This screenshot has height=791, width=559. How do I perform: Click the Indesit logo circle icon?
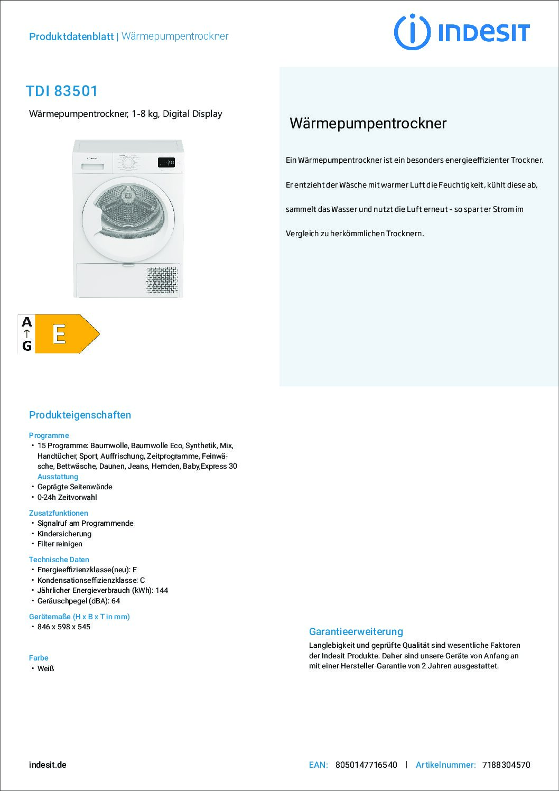(412, 32)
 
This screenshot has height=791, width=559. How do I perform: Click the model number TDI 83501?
(62, 91)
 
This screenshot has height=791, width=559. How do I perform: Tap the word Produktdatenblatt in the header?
(71, 36)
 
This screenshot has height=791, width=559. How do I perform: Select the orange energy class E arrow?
(66, 333)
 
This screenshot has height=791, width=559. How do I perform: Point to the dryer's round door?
(128, 219)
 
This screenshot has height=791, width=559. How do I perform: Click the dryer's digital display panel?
(166, 163)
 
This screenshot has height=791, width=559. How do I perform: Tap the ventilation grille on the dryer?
(162, 281)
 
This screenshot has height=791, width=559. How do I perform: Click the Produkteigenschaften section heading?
(80, 415)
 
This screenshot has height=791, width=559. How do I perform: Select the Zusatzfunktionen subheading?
(58, 513)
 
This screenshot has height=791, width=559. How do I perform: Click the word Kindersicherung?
(64, 534)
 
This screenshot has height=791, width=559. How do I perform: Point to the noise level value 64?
(116, 601)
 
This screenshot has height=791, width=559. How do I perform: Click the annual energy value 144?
(162, 590)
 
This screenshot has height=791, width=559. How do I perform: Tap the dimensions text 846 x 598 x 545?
(64, 627)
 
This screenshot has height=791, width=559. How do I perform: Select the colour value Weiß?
(46, 668)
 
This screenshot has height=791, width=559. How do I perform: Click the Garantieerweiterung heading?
(356, 631)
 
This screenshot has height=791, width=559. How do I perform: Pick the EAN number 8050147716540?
(366, 765)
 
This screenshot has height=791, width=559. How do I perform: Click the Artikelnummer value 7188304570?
(506, 765)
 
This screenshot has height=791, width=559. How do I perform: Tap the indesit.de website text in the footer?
(48, 765)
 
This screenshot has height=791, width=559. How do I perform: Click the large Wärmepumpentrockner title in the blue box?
(368, 124)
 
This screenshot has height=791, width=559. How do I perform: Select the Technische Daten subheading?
(59, 560)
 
